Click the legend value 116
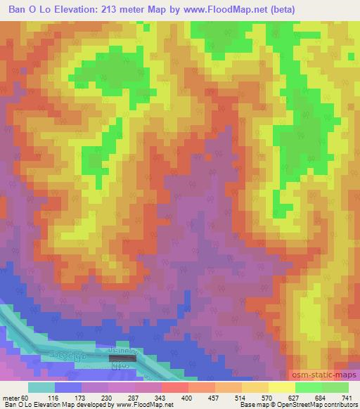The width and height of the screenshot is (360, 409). coord(72,398)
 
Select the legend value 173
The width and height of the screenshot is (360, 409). coord(99,398)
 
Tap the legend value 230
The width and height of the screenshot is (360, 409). coord(126,398)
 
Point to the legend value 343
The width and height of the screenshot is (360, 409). coord(179,398)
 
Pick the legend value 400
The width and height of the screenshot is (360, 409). coord(206,398)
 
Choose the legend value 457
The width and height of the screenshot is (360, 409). coord(233,398)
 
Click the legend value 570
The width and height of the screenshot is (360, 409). coord(286,398)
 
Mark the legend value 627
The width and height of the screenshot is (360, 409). coord(313,398)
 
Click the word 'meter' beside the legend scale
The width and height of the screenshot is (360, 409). coord(13,398)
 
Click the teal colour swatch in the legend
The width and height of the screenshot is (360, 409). coord(41,387)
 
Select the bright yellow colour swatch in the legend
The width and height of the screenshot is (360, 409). coord(282,387)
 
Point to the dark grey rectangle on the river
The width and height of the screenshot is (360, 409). coord(123,358)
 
